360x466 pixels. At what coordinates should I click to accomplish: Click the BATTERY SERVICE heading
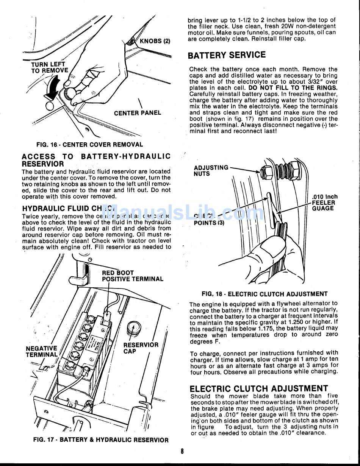tap(227, 55)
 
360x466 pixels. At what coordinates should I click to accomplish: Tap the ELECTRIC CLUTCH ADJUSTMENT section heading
tap(259, 388)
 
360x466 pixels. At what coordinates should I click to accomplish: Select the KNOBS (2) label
tap(155, 41)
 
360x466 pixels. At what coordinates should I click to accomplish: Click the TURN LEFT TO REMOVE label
tap(49, 67)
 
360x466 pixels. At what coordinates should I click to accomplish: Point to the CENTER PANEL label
tap(137, 113)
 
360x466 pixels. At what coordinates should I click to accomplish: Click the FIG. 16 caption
tap(89, 145)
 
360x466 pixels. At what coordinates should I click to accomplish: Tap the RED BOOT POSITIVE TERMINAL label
tap(133, 276)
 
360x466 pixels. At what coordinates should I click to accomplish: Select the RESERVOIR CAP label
tap(141, 348)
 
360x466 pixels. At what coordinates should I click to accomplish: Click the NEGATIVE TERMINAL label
tap(42, 352)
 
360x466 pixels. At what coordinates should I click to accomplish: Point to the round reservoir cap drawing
tap(133, 326)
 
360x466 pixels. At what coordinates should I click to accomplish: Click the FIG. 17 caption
tap(100, 440)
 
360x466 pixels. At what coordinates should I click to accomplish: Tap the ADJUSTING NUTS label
tap(211, 171)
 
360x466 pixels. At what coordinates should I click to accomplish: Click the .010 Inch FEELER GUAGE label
tap(324, 203)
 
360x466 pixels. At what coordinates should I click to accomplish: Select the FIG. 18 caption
tap(265, 294)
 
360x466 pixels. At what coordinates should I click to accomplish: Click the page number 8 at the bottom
tap(182, 451)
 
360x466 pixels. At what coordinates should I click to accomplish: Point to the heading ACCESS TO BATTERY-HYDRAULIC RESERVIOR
tap(96, 160)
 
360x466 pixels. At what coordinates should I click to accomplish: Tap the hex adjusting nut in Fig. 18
tap(267, 172)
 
